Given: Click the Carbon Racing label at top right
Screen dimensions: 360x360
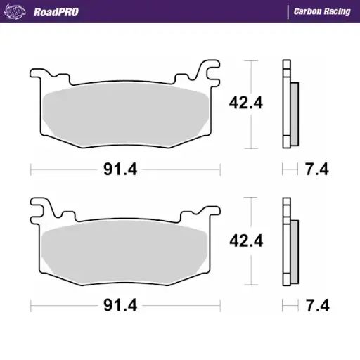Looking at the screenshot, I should click(x=321, y=11).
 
